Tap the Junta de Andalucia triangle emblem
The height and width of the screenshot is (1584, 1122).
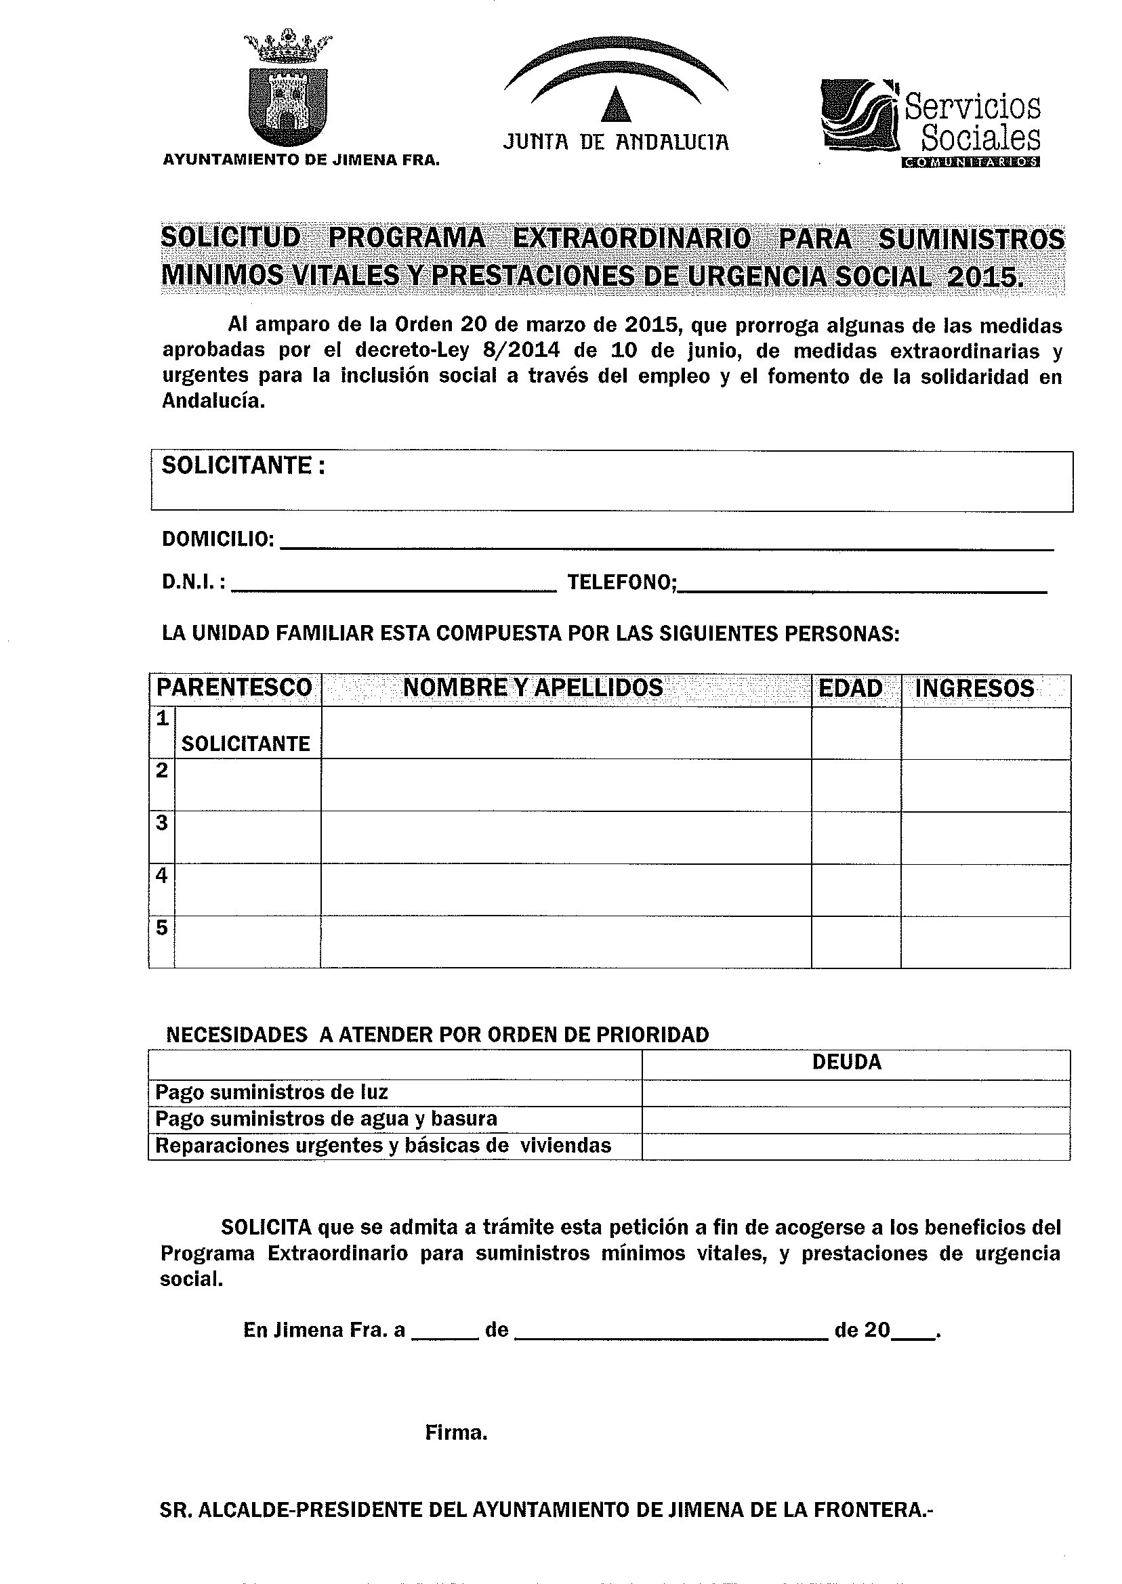click(x=617, y=104)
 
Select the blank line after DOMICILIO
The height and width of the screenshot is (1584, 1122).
click(x=667, y=542)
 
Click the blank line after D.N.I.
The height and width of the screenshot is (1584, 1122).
click(x=394, y=585)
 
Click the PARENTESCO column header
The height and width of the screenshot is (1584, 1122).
click(x=235, y=689)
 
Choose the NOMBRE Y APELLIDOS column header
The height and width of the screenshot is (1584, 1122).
click(x=533, y=689)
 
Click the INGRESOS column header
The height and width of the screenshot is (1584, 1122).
click(x=975, y=689)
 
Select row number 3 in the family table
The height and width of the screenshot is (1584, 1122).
click(x=162, y=823)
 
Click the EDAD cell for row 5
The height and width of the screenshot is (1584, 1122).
click(x=856, y=943)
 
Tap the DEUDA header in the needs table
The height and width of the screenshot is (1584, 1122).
click(x=847, y=1062)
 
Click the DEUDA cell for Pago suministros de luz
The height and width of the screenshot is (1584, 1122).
click(x=855, y=1093)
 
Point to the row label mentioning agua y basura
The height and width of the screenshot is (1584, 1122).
click(x=326, y=1119)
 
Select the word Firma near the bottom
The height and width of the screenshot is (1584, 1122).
click(x=456, y=1434)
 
